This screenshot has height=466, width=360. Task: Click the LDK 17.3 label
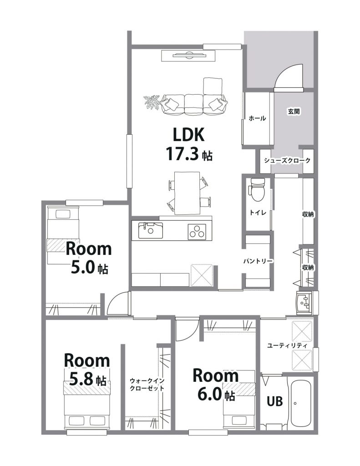coord(189,144)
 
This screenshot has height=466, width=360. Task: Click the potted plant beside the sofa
coord(152,102)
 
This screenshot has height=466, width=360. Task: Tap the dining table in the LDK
coord(187,193)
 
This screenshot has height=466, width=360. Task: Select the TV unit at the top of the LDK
coord(188,56)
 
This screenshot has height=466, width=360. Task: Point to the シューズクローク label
coord(287,161)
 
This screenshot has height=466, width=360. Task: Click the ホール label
coord(257,118)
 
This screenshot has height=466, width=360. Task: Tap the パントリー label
coord(258,261)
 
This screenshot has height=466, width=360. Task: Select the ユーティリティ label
coord(287,346)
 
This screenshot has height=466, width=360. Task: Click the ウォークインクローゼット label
coord(147,384)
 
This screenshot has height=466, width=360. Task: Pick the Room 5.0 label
coord(88,258)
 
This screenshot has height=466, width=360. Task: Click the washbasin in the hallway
coord(304,303)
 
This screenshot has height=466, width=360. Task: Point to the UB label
coord(274,401)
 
